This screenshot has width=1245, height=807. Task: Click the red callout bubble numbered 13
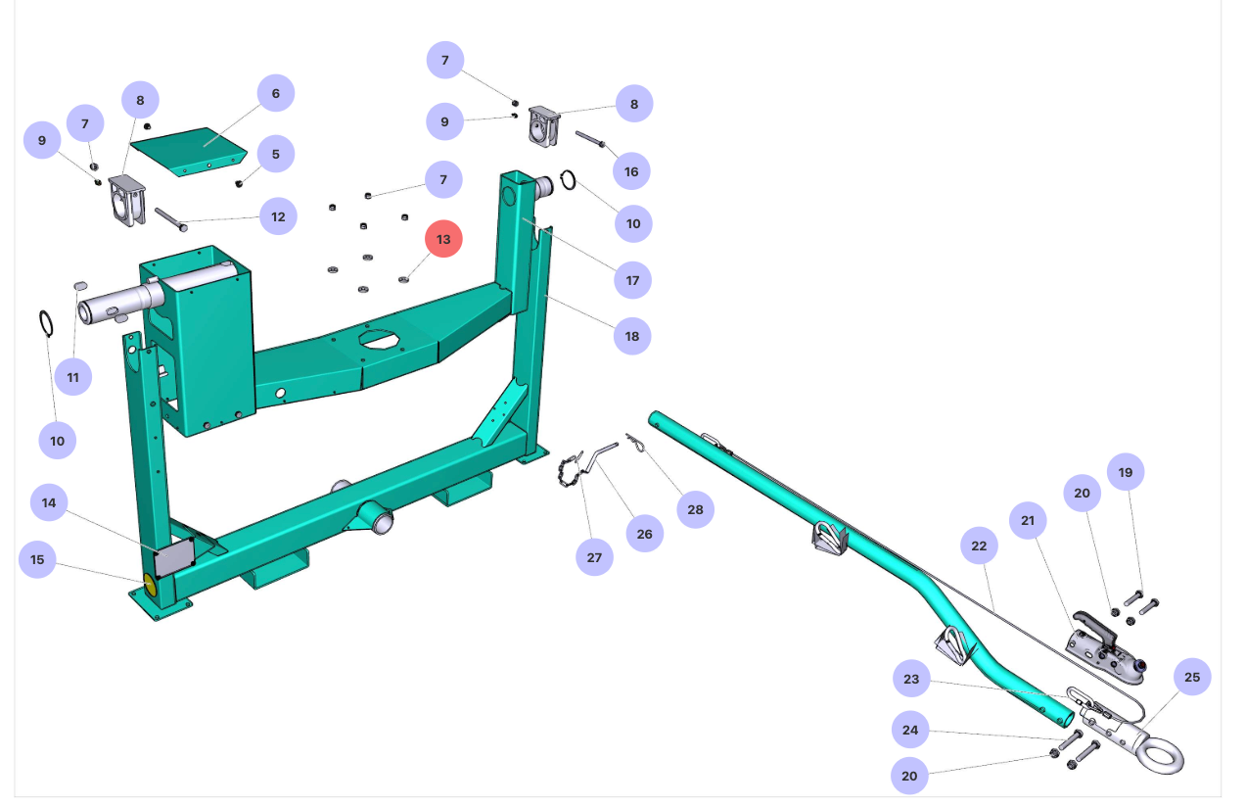[x=443, y=239]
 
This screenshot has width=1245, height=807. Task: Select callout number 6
[x=276, y=93]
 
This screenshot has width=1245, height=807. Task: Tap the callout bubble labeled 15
[x=37, y=559]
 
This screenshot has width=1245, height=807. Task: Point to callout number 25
[x=1191, y=677]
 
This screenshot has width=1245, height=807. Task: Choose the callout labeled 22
[x=980, y=546]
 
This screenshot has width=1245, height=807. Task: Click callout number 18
[x=632, y=336]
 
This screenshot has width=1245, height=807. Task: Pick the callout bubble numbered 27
[x=594, y=557]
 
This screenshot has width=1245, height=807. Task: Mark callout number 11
[x=72, y=377]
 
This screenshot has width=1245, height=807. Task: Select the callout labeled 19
[x=1126, y=472]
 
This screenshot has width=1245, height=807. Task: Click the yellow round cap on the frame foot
[x=151, y=586]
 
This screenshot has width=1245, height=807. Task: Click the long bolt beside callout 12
[x=170, y=218]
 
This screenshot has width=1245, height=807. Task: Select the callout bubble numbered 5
[x=276, y=154]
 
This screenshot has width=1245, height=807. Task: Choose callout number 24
[x=910, y=730]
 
